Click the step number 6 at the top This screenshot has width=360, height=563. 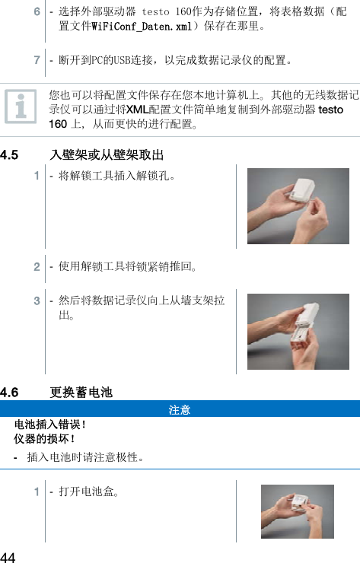tap(37, 13)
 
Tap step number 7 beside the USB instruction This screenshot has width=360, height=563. tap(37, 59)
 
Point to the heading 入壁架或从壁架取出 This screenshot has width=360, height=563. tap(107, 155)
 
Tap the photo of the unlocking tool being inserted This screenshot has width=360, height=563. tap(298, 205)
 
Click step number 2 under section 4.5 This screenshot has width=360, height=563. tap(37, 267)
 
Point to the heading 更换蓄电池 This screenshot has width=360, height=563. tap(81, 393)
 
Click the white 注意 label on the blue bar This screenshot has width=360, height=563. tap(180, 410)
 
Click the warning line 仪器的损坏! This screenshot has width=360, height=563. tap(45, 439)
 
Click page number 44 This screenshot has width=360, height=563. tap(9, 552)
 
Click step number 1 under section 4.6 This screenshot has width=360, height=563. tap(37, 491)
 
